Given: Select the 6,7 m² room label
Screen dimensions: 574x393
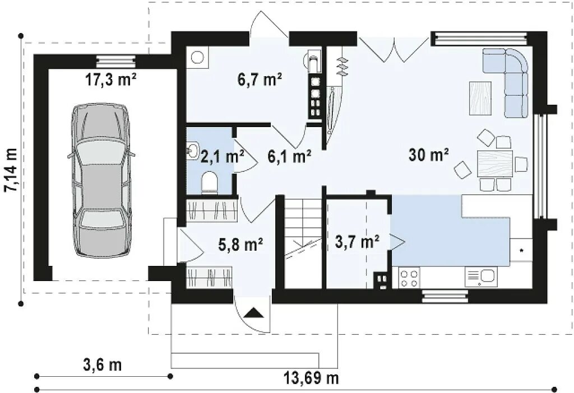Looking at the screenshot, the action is (x=260, y=79).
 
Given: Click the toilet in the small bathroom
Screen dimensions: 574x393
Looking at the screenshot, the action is (x=209, y=182).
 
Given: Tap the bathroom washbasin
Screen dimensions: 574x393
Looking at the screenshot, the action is (x=192, y=150).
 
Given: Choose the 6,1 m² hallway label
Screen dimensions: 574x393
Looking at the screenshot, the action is (x=290, y=156).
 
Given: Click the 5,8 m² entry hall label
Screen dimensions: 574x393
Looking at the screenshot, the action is (x=240, y=244).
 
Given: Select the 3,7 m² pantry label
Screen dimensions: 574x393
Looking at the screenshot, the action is (x=357, y=241).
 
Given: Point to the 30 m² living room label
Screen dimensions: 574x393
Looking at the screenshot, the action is (x=429, y=155).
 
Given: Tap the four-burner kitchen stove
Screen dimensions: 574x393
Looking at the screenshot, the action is (x=409, y=278).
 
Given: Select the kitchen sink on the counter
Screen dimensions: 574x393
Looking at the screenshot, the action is (x=482, y=277).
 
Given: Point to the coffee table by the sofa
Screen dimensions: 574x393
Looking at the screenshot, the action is (x=480, y=99).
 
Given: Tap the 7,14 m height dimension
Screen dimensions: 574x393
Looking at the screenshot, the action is (x=11, y=170).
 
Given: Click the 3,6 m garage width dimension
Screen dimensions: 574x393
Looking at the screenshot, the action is (x=103, y=365).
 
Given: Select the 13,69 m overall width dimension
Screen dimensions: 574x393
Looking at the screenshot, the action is (x=311, y=378).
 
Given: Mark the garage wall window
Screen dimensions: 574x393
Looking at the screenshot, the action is (x=115, y=60).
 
